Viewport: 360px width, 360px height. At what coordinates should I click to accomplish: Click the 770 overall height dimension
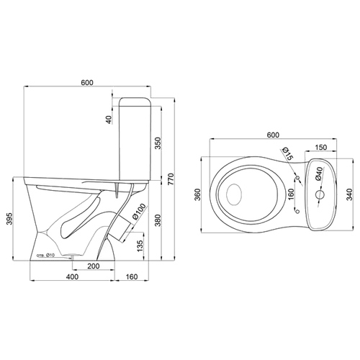click(x=170, y=179)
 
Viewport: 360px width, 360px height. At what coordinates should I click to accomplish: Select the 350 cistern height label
click(x=158, y=143)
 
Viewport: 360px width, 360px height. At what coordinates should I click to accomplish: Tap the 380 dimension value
click(x=158, y=220)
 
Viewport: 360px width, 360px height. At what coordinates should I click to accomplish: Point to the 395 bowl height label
click(x=9, y=219)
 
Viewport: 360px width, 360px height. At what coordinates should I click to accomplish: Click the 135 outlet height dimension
click(x=140, y=246)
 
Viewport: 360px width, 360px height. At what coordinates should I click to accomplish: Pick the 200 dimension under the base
click(x=94, y=266)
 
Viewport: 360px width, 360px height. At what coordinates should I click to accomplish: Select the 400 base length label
click(x=72, y=276)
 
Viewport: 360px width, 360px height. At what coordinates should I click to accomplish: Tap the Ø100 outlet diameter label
click(x=139, y=212)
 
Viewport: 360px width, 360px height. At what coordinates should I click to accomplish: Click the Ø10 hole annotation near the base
click(x=45, y=256)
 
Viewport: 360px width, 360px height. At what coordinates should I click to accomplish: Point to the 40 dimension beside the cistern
click(x=109, y=120)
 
